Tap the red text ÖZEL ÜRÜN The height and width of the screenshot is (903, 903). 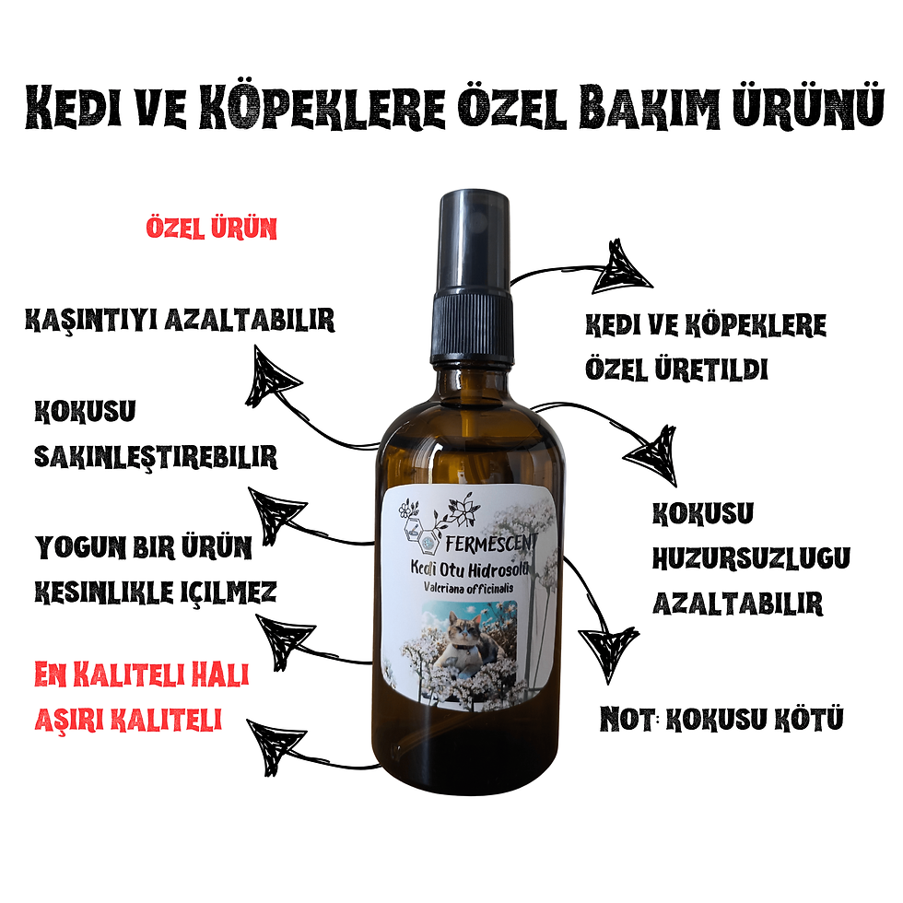click(211, 229)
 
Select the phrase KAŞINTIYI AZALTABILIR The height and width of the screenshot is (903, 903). click(180, 321)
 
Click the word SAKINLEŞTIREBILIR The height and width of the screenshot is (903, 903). click(156, 457)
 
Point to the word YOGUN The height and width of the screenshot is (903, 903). click(81, 547)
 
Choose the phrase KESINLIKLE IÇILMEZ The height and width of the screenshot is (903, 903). click(156, 592)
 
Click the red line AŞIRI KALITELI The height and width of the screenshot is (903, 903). click(128, 720)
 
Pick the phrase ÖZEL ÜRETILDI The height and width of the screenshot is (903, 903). click(676, 369)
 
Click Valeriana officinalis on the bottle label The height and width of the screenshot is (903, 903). click(468, 588)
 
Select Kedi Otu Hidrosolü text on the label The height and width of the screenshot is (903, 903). click(468, 569)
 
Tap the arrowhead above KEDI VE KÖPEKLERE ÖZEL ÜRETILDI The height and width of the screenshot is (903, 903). click(622, 268)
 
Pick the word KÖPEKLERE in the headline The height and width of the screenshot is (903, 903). click(322, 108)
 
